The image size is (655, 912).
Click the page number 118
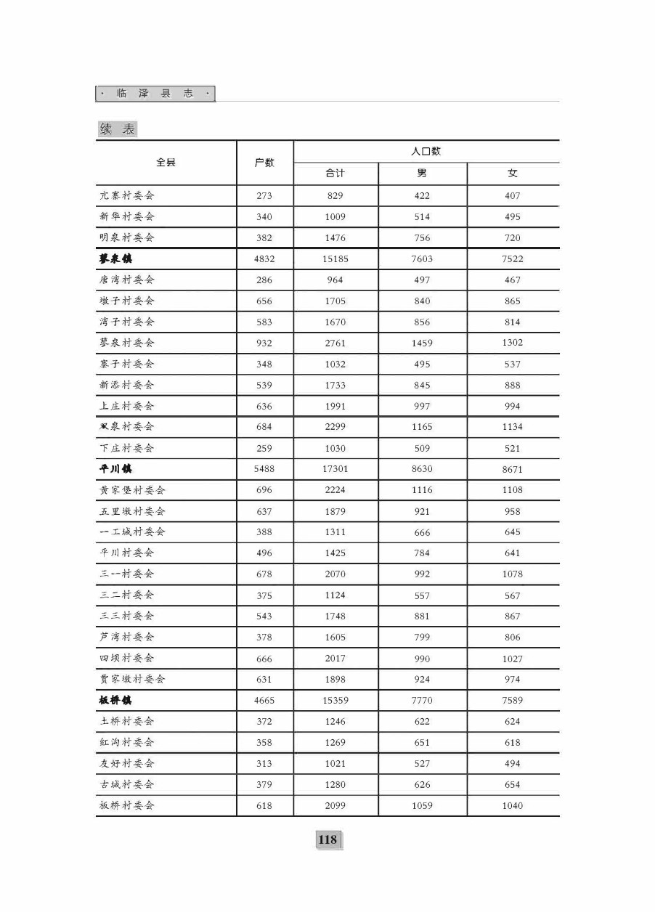[x=327, y=839]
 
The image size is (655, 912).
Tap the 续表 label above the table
[x=118, y=129]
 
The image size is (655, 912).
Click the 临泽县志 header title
[x=155, y=94]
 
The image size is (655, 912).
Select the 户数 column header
[x=264, y=163]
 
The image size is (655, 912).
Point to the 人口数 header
[x=426, y=151]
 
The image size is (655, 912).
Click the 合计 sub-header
[x=335, y=174]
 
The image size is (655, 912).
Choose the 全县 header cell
[x=166, y=163]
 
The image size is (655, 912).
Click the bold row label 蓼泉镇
[x=116, y=258]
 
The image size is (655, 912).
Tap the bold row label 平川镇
[x=116, y=469]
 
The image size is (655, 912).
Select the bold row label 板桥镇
[x=116, y=701]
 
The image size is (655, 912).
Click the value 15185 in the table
[x=335, y=259]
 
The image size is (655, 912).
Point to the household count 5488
[x=264, y=469]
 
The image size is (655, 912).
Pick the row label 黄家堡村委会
[x=132, y=490]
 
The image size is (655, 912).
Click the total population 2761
[x=335, y=343]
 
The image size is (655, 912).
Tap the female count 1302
[x=512, y=343]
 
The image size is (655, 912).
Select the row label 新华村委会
[x=127, y=216]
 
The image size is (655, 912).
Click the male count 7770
[x=422, y=701]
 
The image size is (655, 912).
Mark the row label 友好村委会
[x=127, y=763]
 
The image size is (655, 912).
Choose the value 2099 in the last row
[x=335, y=805]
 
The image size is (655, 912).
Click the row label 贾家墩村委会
[x=132, y=680]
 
